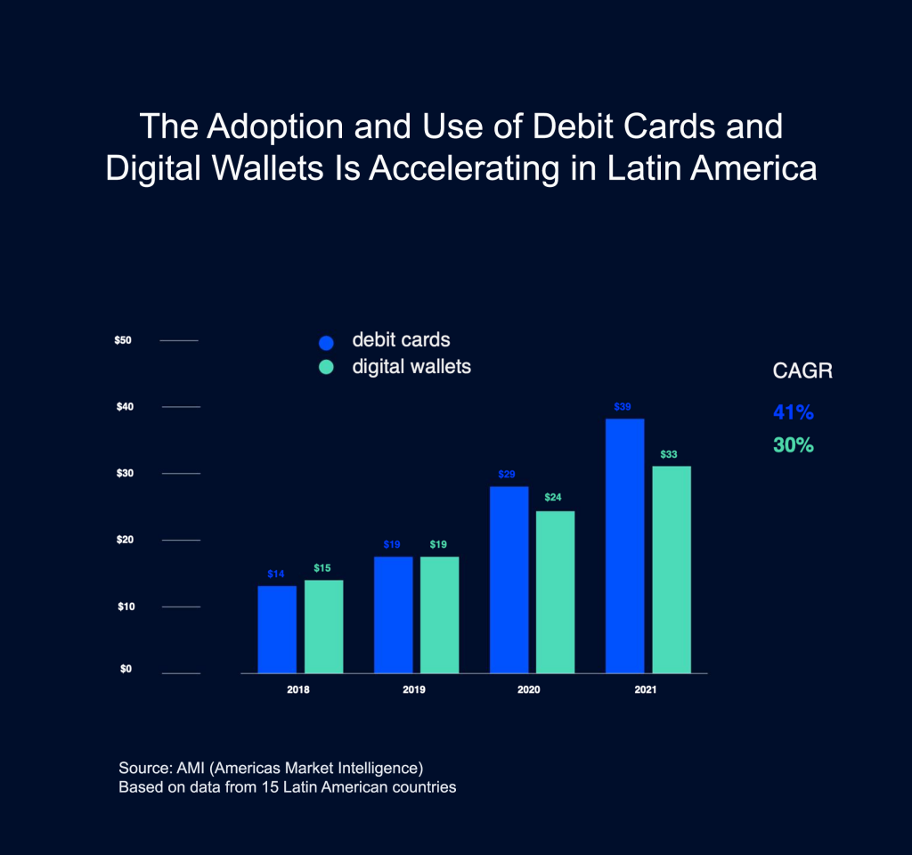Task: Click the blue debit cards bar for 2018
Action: (x=277, y=629)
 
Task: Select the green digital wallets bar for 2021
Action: (x=672, y=569)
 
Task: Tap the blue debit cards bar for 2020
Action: (x=509, y=579)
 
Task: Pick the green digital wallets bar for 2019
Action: (x=439, y=615)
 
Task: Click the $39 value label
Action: (x=623, y=407)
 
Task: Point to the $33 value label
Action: (x=669, y=454)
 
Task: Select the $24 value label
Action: (x=552, y=497)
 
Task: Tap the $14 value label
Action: (x=276, y=574)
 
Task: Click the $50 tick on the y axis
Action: (x=123, y=340)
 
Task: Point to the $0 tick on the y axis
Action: (x=126, y=670)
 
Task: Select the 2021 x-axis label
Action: (x=645, y=690)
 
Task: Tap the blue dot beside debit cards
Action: (x=326, y=342)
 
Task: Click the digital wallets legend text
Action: (x=411, y=366)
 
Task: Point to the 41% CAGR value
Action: (x=793, y=413)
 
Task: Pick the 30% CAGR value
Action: (x=793, y=445)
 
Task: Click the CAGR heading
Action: (x=802, y=371)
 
